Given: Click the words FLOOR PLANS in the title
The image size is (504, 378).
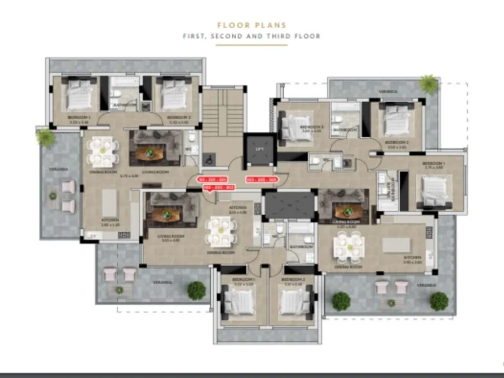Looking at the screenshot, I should coord(251,26).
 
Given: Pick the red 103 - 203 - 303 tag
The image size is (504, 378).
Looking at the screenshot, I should coord(261,179).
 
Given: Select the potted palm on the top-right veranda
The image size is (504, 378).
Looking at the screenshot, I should coord(429,83).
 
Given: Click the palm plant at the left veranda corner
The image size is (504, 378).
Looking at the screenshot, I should coord(45,137).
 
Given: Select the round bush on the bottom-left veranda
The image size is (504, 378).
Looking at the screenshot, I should coord(196,290).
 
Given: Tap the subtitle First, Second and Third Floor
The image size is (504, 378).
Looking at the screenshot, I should coord(251,36).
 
